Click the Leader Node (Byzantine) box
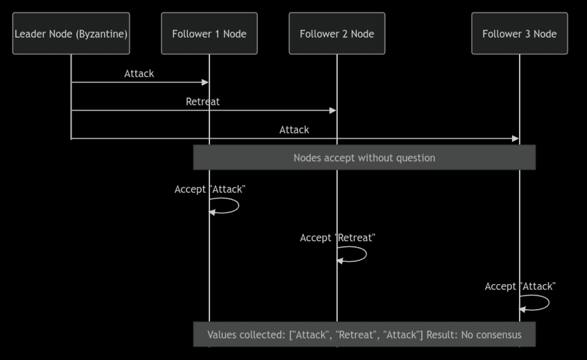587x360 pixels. click(71, 33)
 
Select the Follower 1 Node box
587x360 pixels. click(209, 33)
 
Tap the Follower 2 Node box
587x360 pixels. click(337, 33)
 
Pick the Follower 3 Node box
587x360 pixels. click(519, 33)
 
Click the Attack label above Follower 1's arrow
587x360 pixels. click(139, 73)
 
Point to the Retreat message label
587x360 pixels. click(203, 102)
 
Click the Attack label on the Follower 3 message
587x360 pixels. click(294, 130)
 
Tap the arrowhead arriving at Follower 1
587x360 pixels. click(205, 82)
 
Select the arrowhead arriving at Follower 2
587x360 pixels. click(333, 110)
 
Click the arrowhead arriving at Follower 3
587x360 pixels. click(515, 138)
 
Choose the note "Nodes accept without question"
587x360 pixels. click(364, 157)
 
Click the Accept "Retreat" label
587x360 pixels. click(338, 238)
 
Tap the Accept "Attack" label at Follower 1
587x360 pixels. click(210, 189)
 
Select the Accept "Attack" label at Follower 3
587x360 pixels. click(520, 286)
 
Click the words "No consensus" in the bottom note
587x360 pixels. click(491, 334)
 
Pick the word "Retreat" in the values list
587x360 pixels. click(351, 334)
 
